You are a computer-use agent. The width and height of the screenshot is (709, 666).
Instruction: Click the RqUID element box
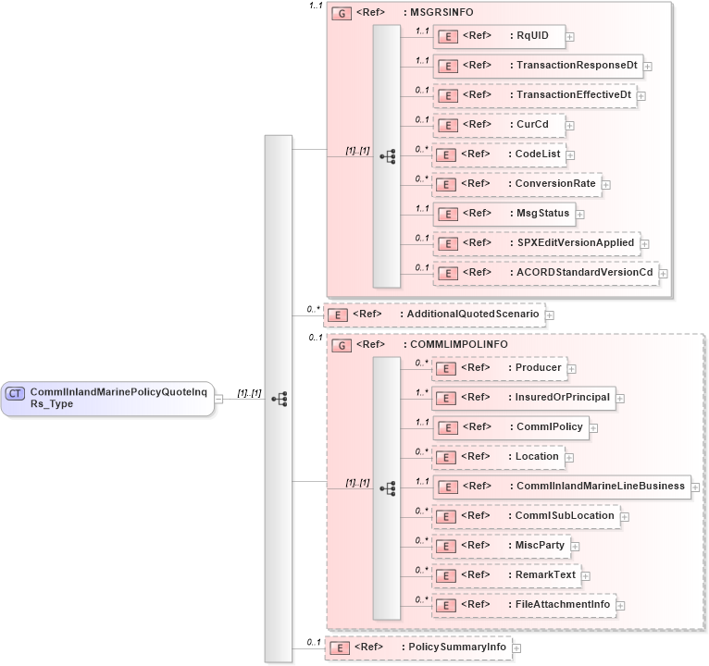(x=500, y=37)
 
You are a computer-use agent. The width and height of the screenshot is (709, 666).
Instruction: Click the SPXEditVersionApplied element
(x=536, y=243)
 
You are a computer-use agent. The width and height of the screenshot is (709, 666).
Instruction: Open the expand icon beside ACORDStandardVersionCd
(x=663, y=274)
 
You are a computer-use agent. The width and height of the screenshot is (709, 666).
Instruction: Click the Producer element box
(x=500, y=368)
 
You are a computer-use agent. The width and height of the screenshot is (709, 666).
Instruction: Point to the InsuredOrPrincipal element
(x=524, y=398)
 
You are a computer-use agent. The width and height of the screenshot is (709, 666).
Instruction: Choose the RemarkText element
(x=506, y=575)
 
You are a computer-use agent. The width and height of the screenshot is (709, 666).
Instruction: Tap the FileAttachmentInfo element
(x=524, y=605)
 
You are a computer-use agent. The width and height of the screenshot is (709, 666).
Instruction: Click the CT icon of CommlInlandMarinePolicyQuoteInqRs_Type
(x=15, y=393)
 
